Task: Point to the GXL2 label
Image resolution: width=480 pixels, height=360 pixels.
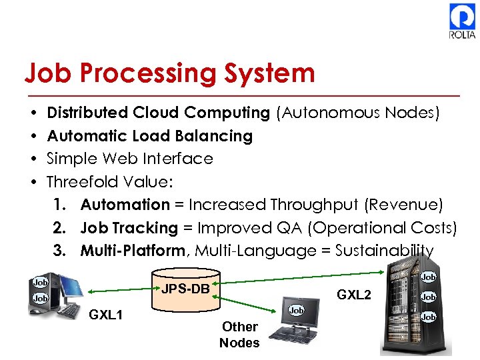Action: (x=353, y=294)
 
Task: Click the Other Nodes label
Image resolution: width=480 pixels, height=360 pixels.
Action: (x=239, y=335)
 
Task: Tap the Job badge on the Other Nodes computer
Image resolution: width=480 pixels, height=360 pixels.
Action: (x=296, y=311)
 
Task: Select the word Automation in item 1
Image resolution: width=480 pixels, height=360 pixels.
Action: (x=125, y=205)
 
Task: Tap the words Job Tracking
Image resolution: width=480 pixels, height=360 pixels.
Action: (x=129, y=228)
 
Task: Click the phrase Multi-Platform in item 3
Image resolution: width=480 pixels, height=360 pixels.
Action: (x=132, y=251)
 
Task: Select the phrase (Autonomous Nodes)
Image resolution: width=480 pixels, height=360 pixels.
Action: (x=357, y=113)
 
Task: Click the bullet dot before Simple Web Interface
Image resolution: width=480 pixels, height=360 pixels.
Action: (x=33, y=159)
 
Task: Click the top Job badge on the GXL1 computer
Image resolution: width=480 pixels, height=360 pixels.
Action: (x=40, y=282)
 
